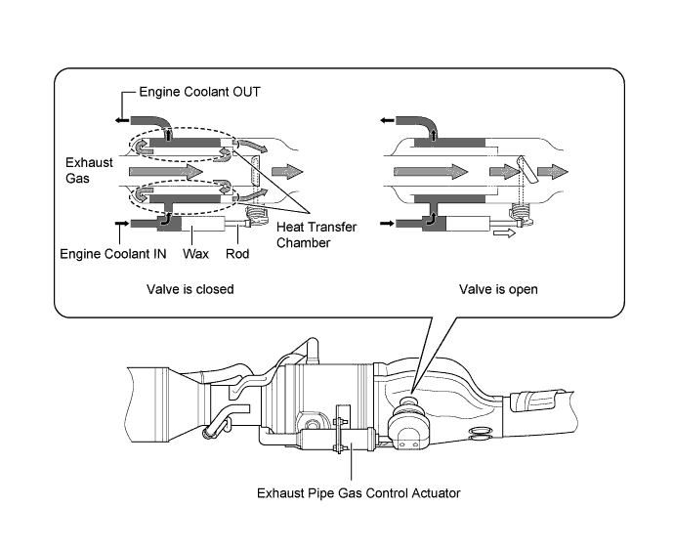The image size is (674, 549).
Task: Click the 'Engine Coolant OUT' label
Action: [200, 92]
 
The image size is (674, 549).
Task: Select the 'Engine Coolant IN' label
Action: [113, 254]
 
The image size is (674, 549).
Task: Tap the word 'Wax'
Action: [195, 254]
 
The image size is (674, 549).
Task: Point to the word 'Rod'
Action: [237, 254]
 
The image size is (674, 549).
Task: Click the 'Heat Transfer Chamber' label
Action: [316, 234]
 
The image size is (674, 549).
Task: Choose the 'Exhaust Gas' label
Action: [89, 170]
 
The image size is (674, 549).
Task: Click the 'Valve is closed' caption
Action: [190, 289]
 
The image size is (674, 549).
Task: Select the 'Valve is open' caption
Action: [498, 289]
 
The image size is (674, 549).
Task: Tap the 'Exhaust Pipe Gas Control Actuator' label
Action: [358, 493]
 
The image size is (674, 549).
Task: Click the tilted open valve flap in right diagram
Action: [527, 169]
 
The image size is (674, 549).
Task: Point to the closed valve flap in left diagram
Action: [255, 173]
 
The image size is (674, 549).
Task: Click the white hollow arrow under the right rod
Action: [504, 233]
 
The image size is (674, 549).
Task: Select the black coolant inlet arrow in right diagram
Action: [387, 224]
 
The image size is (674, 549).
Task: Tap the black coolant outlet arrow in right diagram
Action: [387, 121]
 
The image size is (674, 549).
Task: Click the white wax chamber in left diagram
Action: [202, 224]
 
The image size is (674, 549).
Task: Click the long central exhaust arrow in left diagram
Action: [166, 172]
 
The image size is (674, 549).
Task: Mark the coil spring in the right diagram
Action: [520, 213]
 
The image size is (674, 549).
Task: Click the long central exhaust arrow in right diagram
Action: [431, 172]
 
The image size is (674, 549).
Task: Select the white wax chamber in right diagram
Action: [468, 224]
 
